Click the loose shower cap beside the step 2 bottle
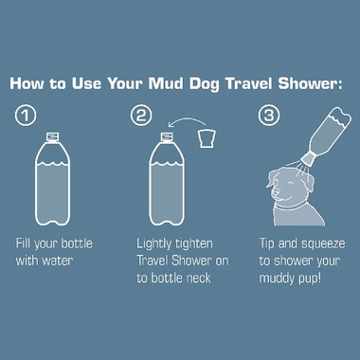[x=208, y=141]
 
